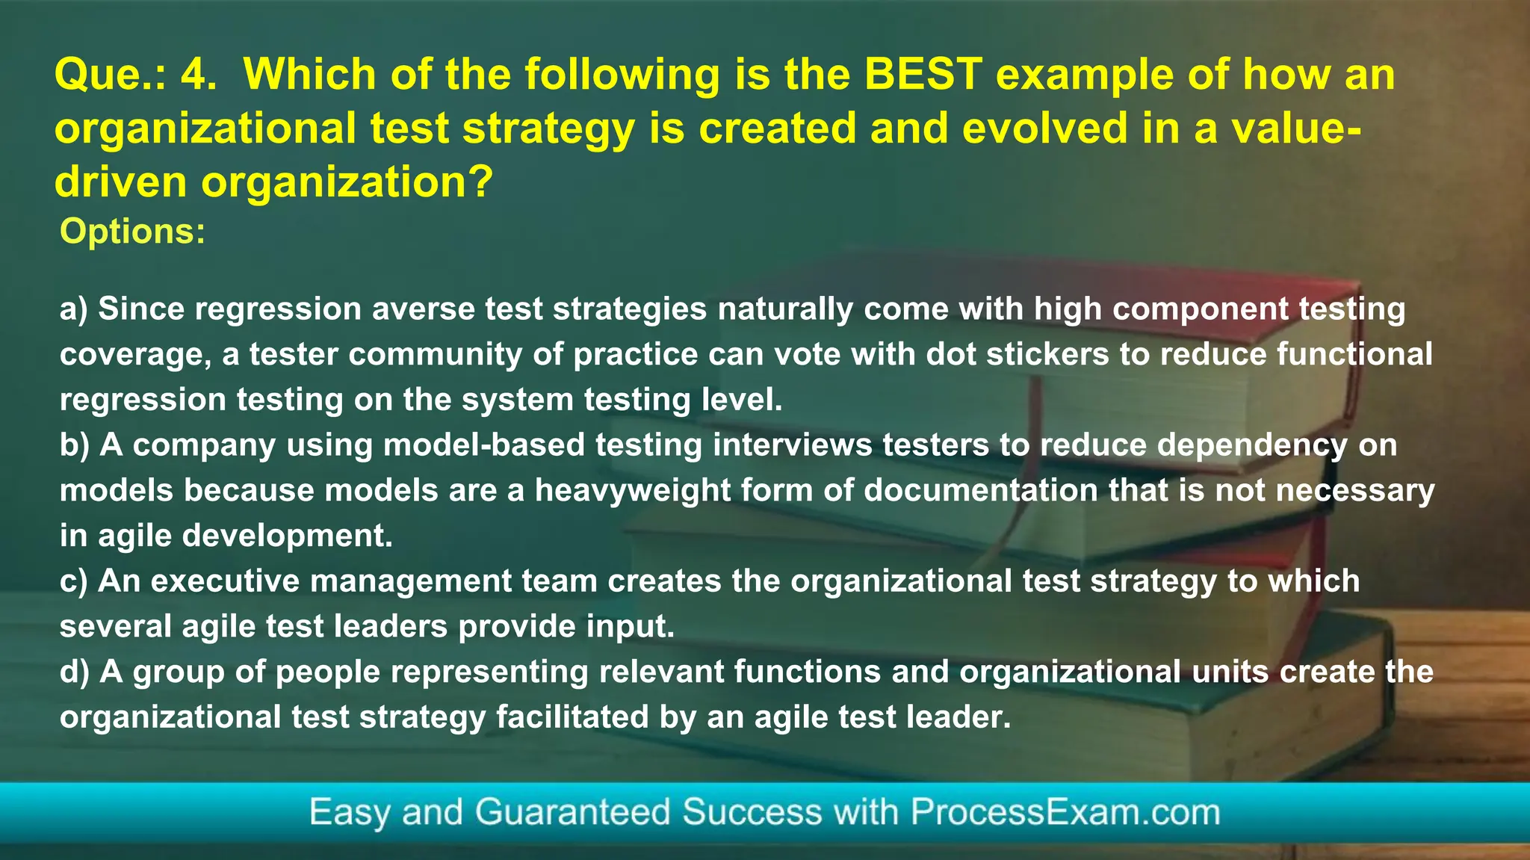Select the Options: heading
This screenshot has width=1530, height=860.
132,232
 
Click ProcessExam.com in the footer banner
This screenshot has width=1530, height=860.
1065,812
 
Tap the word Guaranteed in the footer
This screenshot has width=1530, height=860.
573,812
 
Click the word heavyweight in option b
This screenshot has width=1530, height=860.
633,491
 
